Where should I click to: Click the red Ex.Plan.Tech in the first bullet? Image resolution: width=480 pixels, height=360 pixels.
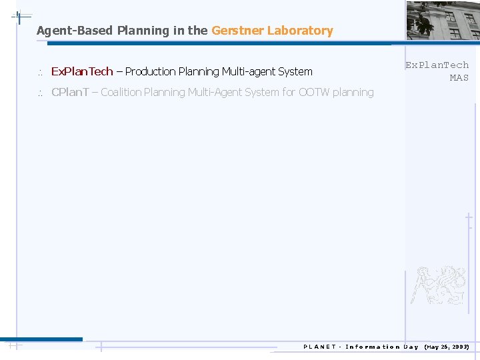pyautogui.click(x=82, y=71)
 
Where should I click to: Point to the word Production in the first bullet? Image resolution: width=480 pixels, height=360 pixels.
pyautogui.click(x=149, y=71)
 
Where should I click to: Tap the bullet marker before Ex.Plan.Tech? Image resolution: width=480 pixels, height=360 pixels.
pyautogui.click(x=40, y=72)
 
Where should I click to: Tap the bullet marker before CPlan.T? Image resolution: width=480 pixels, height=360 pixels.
pyautogui.click(x=40, y=93)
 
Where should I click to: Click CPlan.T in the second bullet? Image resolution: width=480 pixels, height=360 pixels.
pyautogui.click(x=70, y=92)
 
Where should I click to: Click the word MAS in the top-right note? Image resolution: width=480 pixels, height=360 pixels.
pyautogui.click(x=459, y=78)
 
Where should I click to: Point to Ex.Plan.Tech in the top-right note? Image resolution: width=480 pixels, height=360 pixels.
pyautogui.click(x=437, y=65)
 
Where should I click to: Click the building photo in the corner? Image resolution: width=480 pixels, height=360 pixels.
pyautogui.click(x=443, y=20)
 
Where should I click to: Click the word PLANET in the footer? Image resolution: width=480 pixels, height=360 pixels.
pyautogui.click(x=319, y=347)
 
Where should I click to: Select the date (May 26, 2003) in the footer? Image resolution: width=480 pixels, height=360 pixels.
pyautogui.click(x=447, y=347)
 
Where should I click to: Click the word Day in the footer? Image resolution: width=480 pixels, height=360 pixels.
pyautogui.click(x=411, y=347)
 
